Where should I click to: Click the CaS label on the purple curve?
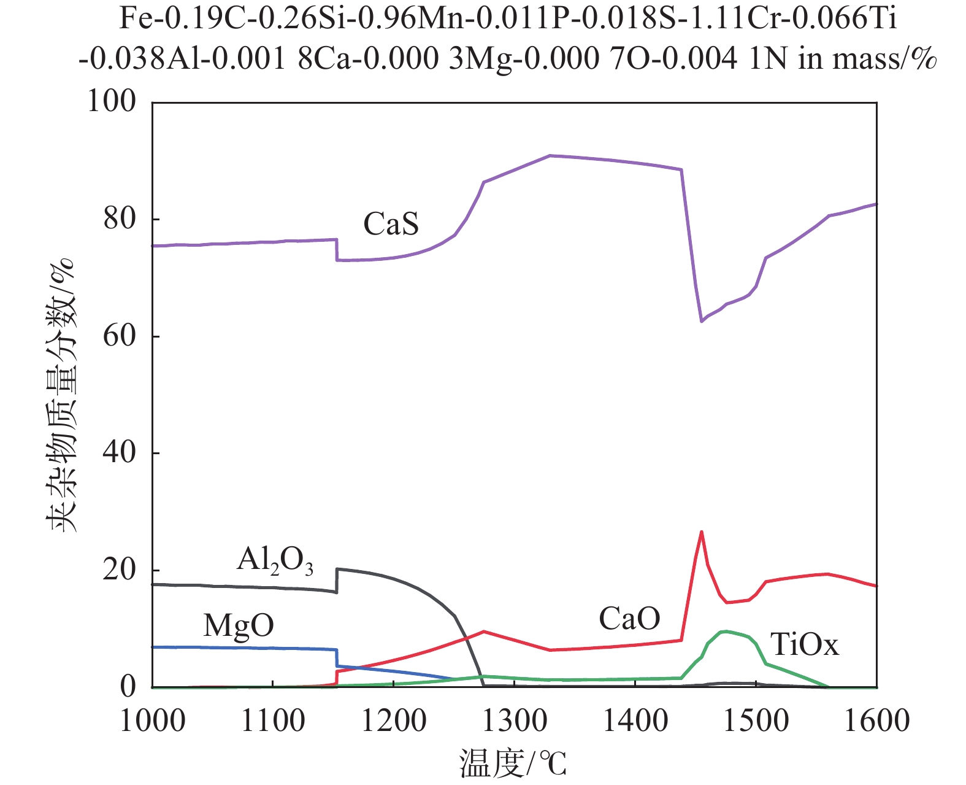(x=391, y=224)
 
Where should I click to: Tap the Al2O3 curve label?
(x=275, y=560)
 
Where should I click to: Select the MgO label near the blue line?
(x=238, y=626)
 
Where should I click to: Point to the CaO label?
(x=629, y=619)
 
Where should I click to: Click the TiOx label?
(x=804, y=645)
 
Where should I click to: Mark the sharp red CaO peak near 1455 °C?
(x=701, y=532)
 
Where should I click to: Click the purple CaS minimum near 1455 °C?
(x=701, y=321)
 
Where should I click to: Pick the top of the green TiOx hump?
(x=726, y=631)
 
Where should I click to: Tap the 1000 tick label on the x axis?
(x=152, y=720)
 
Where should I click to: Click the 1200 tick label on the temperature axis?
(x=394, y=720)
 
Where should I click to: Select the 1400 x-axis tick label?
(x=635, y=720)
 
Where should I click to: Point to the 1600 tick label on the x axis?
(x=877, y=720)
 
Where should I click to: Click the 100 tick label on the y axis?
(x=112, y=101)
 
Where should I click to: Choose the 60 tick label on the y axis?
(x=120, y=336)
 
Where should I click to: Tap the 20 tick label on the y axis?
(x=120, y=570)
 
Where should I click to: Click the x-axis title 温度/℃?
(x=513, y=764)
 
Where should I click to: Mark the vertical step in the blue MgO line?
(x=337, y=657)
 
